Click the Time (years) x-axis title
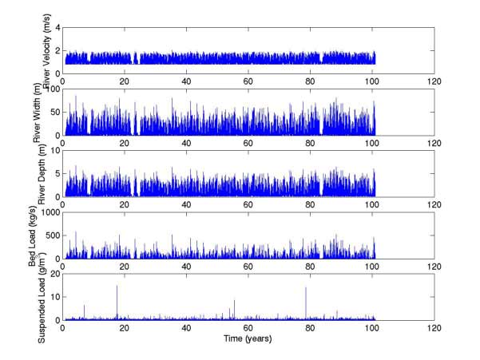pyautogui.click(x=248, y=337)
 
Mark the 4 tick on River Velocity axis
pyautogui.click(x=57, y=28)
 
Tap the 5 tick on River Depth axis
pyautogui.click(x=57, y=173)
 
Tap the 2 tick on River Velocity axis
pyautogui.click(x=57, y=50)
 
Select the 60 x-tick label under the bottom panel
pyautogui.click(x=248, y=327)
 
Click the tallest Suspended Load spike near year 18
pyautogui.click(x=117, y=286)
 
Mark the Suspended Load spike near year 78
pyautogui.click(x=306, y=287)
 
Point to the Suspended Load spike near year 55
pyautogui.click(x=234, y=300)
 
